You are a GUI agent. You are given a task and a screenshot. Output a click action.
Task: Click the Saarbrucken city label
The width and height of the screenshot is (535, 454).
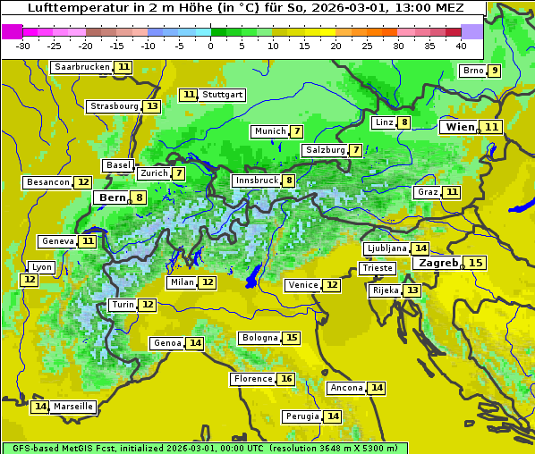pyautogui.click(x=81, y=67)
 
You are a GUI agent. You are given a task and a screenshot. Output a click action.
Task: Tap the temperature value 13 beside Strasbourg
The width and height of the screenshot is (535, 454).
pyautogui.click(x=152, y=106)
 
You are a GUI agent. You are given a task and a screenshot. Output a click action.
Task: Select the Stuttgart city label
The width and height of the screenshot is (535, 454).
pyautogui.click(x=222, y=95)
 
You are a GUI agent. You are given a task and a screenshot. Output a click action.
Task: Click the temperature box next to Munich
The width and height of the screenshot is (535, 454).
pyautogui.click(x=296, y=131)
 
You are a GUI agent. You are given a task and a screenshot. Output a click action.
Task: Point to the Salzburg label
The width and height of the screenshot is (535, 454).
pyautogui.click(x=325, y=150)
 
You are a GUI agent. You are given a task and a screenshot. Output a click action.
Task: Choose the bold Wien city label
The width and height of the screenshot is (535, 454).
pyautogui.click(x=460, y=127)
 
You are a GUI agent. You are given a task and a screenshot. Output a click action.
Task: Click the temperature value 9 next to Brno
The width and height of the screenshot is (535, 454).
pyautogui.click(x=494, y=71)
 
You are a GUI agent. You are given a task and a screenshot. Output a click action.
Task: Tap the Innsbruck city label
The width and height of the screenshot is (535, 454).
pyautogui.click(x=256, y=181)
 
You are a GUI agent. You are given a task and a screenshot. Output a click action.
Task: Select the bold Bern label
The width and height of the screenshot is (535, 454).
pyautogui.click(x=113, y=198)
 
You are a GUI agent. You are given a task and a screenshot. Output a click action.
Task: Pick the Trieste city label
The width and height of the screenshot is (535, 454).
pyautogui.click(x=377, y=268)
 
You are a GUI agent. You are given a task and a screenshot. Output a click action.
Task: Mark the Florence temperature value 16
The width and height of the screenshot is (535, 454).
pyautogui.click(x=285, y=379)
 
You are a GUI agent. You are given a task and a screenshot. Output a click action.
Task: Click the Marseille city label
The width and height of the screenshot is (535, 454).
pyautogui.click(x=73, y=407)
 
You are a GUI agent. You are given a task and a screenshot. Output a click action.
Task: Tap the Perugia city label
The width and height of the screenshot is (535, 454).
pyautogui.click(x=301, y=416)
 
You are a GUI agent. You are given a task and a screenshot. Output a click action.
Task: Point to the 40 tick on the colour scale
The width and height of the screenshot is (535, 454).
pyautogui.click(x=461, y=46)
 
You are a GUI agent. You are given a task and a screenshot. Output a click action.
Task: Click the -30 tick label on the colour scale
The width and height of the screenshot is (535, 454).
pyautogui.click(x=23, y=46)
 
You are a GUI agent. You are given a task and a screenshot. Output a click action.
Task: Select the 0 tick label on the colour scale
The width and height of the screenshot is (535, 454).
pyautogui.click(x=211, y=46)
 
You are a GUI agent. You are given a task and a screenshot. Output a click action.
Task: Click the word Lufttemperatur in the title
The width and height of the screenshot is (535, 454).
pyautogui.click(x=67, y=7)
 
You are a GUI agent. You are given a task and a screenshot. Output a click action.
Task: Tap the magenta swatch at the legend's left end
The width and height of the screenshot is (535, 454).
pyautogui.click(x=13, y=30)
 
